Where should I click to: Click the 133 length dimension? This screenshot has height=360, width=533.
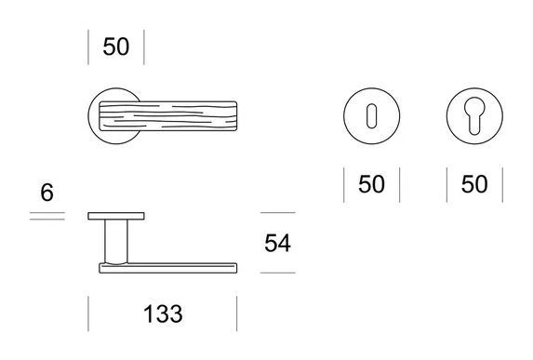coord(163,313)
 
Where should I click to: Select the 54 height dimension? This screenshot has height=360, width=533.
coord(277,243)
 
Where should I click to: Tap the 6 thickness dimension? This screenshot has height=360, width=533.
coord(47,193)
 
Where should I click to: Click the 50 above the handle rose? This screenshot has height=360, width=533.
coord(116,47)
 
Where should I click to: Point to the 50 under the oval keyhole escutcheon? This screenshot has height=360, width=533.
coord(371,184)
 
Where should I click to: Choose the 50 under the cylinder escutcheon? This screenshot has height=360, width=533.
coord(474,184)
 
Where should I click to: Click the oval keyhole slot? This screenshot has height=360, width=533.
coord(371,116)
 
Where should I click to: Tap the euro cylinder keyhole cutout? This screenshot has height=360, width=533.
coord(474,115)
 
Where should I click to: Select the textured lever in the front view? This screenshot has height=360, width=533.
coord(168,116)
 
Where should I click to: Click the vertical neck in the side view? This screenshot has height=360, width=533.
coord(116,241)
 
